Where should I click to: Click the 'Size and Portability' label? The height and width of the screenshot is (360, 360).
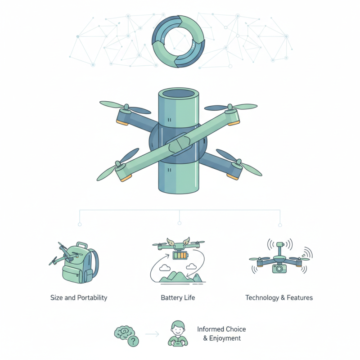click(x=79, y=298)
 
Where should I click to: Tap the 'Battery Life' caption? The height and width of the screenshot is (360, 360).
click(x=178, y=298)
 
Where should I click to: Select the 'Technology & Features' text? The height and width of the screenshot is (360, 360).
click(x=279, y=298)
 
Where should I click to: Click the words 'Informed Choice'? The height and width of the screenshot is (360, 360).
click(x=221, y=329)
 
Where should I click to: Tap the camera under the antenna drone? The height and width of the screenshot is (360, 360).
click(x=280, y=268)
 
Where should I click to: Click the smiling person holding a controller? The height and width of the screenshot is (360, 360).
click(x=178, y=334)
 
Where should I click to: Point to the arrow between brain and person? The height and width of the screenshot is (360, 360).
click(x=153, y=334)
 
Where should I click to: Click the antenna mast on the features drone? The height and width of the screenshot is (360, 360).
click(x=279, y=250)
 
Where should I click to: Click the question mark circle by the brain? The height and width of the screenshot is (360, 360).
click(x=133, y=342)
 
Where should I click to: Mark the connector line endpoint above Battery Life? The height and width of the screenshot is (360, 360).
click(x=180, y=223)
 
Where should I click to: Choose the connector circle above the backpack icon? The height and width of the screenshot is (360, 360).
click(x=80, y=224)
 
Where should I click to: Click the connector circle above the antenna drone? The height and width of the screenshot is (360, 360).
click(x=280, y=225)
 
